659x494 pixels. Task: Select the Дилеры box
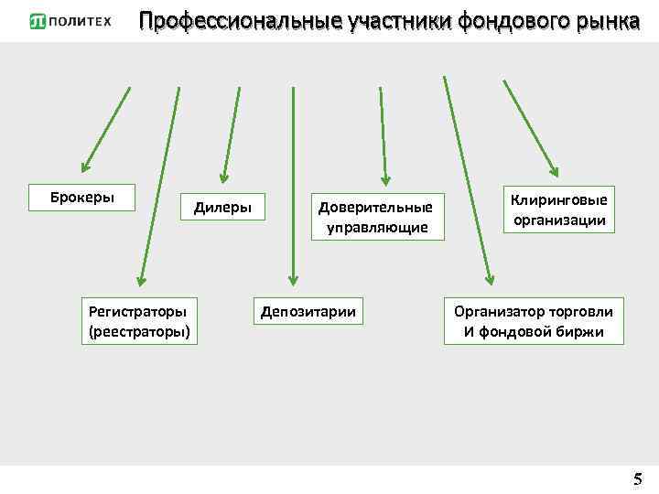(222, 207)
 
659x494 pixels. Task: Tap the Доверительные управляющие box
(374, 217)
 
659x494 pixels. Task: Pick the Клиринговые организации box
(557, 209)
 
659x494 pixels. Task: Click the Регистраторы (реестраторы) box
(139, 321)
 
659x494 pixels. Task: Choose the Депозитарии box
(308, 312)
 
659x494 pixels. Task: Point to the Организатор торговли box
(534, 321)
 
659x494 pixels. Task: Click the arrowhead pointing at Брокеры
(86, 166)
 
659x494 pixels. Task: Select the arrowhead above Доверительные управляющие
(385, 178)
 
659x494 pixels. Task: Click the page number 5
(637, 478)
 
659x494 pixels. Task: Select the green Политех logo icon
(38, 21)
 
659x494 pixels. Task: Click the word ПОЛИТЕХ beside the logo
(81, 21)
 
